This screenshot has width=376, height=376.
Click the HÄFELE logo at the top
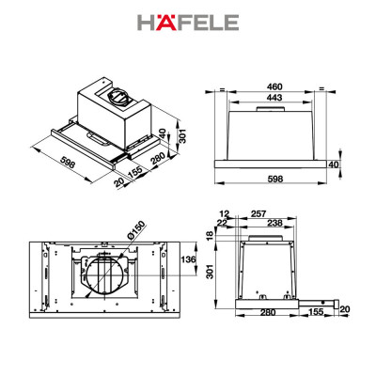(187, 22)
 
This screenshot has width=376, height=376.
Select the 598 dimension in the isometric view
(59, 163)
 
